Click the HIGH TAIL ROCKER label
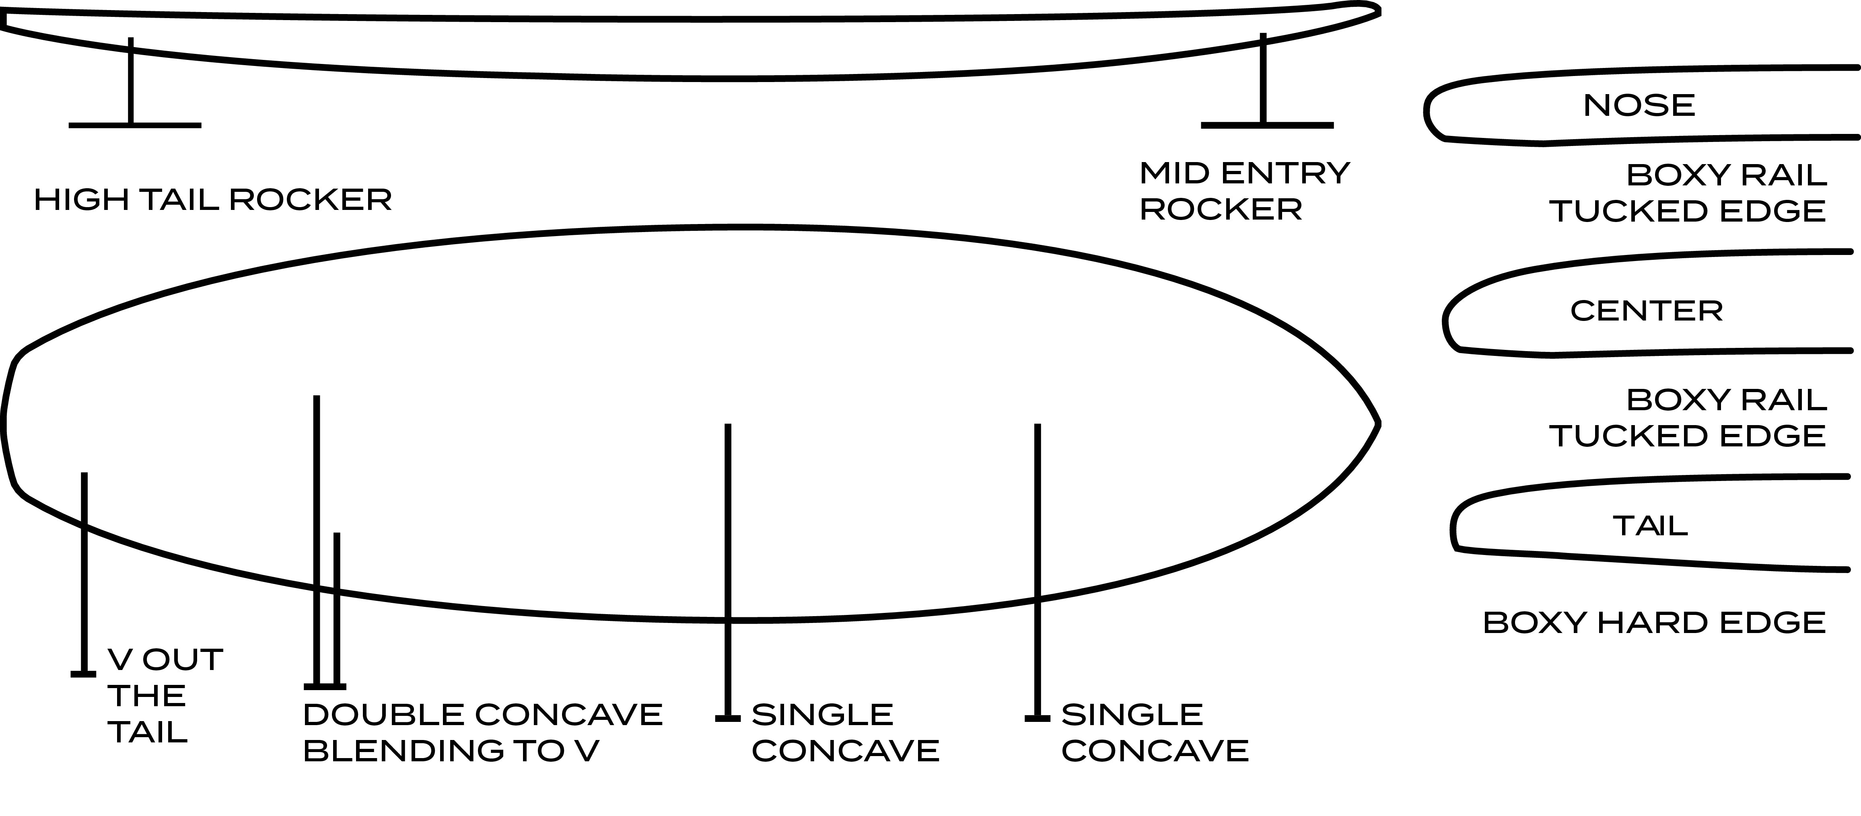(213, 200)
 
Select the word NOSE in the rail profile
(1639, 105)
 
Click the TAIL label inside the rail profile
(1650, 526)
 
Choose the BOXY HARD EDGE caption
(1654, 623)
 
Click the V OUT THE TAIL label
(165, 695)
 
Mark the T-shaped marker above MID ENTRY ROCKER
(1264, 94)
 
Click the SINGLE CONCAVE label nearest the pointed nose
(1155, 733)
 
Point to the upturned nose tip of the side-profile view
(1373, 11)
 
